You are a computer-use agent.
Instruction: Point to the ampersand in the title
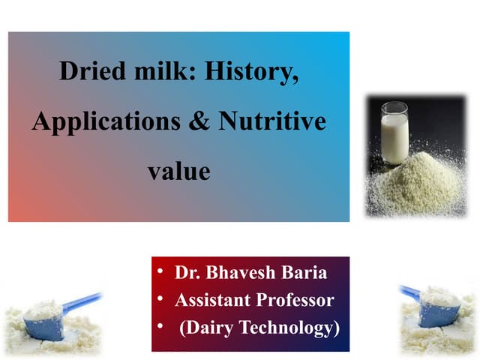click(x=199, y=121)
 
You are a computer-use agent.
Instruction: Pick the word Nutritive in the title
click(x=272, y=121)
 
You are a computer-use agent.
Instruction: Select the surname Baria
click(x=304, y=272)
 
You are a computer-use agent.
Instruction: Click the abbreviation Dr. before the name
click(x=189, y=272)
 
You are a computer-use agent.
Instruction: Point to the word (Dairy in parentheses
click(x=208, y=328)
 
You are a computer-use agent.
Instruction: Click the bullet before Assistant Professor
click(x=160, y=299)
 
